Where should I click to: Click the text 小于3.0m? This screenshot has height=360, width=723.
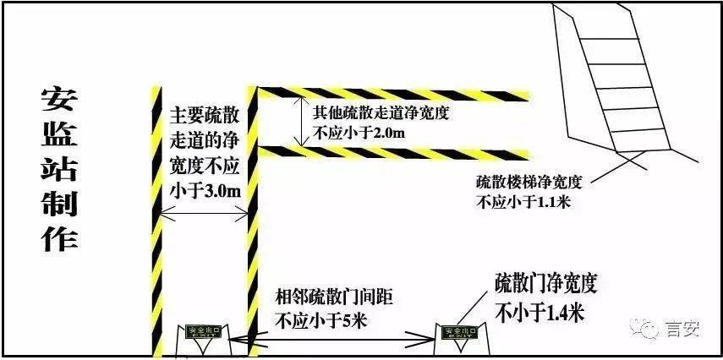tap(204, 191)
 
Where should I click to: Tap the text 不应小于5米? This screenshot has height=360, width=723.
tap(318, 319)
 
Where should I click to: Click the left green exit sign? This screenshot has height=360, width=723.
tap(203, 332)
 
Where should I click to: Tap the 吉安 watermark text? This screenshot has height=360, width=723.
tap(682, 329)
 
